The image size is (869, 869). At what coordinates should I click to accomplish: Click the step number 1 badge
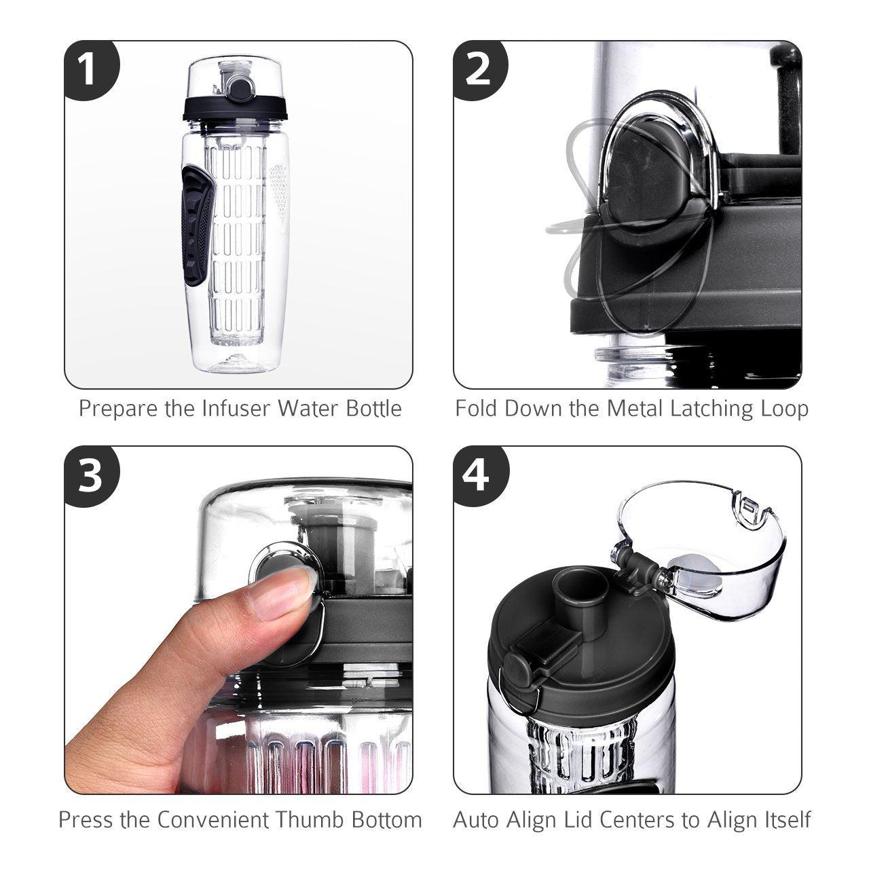(x=88, y=69)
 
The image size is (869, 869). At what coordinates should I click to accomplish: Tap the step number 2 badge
(x=479, y=69)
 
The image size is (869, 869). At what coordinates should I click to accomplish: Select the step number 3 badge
(x=88, y=475)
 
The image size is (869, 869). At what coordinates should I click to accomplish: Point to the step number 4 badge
(x=479, y=475)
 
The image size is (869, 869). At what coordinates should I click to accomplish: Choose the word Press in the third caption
(x=86, y=819)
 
